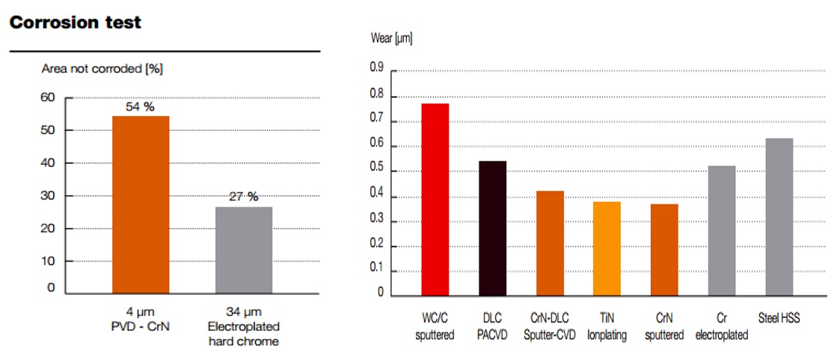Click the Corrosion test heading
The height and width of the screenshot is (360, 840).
[75, 22]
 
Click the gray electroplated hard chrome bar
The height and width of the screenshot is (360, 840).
[243, 250]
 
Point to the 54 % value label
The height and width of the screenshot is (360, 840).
[140, 107]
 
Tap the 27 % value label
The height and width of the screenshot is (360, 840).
[243, 197]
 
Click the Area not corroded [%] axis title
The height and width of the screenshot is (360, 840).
[102, 69]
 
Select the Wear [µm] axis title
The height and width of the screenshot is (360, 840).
[391, 38]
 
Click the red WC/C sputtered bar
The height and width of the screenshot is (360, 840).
[435, 199]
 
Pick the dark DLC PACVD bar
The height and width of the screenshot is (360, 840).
[492, 228]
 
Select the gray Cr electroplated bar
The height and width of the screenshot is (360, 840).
[721, 230]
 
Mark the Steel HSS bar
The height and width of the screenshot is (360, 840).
[779, 216]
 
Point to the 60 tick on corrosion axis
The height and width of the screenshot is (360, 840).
[48, 97]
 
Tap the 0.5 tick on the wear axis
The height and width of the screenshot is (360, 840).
[377, 171]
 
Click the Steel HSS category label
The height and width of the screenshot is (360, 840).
[779, 318]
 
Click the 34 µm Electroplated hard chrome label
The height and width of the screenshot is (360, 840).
[243, 326]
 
